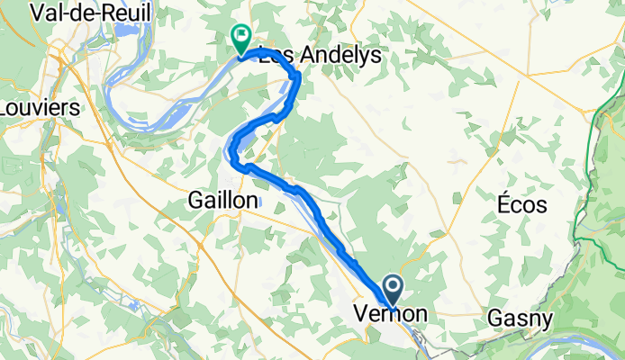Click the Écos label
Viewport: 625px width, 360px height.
521,204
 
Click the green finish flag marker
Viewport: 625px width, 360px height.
241,38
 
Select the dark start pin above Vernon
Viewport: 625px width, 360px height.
394,291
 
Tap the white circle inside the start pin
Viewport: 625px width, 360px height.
394,287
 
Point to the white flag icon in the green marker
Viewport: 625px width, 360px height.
241,36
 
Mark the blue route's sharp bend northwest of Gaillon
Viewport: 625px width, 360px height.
236,162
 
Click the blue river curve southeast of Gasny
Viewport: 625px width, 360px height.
576,340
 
